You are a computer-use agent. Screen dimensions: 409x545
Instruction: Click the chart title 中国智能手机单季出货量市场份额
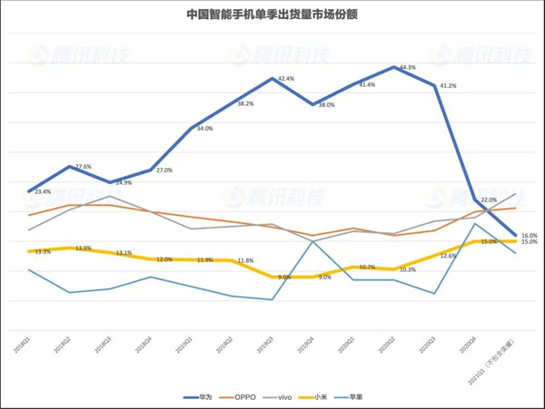pos(272,15)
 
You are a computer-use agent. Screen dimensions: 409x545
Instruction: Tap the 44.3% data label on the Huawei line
pos(406,68)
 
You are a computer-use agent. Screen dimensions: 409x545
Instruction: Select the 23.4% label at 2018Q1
pos(43,192)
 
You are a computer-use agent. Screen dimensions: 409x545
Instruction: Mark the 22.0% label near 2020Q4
pos(489,200)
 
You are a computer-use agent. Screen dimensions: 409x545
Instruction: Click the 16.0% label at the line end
pos(529,235)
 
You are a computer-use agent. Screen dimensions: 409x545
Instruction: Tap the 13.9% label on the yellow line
pos(83,248)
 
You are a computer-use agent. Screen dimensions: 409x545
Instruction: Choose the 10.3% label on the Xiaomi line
pos(407,269)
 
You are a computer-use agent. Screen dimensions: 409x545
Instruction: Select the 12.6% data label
pos(448,256)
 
